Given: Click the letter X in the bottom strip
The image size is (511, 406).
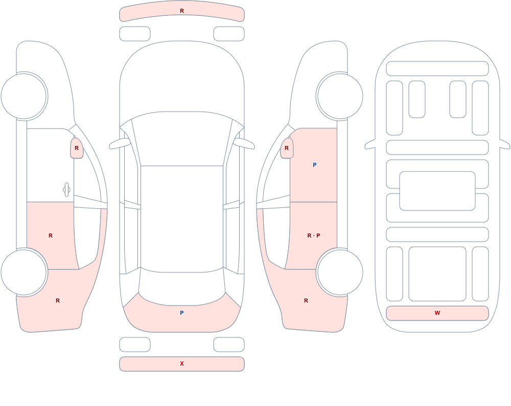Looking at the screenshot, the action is (182, 364).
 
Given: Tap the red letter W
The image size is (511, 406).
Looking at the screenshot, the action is (437, 313).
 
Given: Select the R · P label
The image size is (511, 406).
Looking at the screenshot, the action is (314, 236).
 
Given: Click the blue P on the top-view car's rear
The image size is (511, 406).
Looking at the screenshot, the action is (182, 313).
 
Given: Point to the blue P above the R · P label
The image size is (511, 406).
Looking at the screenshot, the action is (314, 165).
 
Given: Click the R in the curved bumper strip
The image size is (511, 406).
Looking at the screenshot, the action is (182, 11).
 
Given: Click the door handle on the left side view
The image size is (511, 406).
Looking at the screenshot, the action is (66, 190).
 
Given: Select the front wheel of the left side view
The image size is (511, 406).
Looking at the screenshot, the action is (24, 96).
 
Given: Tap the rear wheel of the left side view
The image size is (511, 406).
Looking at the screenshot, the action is (24, 272).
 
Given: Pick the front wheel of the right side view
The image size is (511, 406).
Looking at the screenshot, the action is (340, 96).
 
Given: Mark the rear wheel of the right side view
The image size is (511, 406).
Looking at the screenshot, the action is (340, 272).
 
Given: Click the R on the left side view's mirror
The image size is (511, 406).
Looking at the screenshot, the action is (77, 148).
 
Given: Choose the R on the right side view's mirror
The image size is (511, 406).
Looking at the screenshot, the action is (287, 148).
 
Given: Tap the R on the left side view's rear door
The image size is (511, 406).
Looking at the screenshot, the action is (51, 236).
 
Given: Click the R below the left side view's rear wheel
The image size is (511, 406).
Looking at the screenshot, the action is (58, 301).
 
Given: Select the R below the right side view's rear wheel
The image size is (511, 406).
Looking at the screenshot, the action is (306, 301).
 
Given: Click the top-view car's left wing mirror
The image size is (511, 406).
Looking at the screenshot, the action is (119, 144).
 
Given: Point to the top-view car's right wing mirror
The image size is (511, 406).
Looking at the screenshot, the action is (244, 144).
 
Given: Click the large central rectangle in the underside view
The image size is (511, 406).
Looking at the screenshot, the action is (437, 191).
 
